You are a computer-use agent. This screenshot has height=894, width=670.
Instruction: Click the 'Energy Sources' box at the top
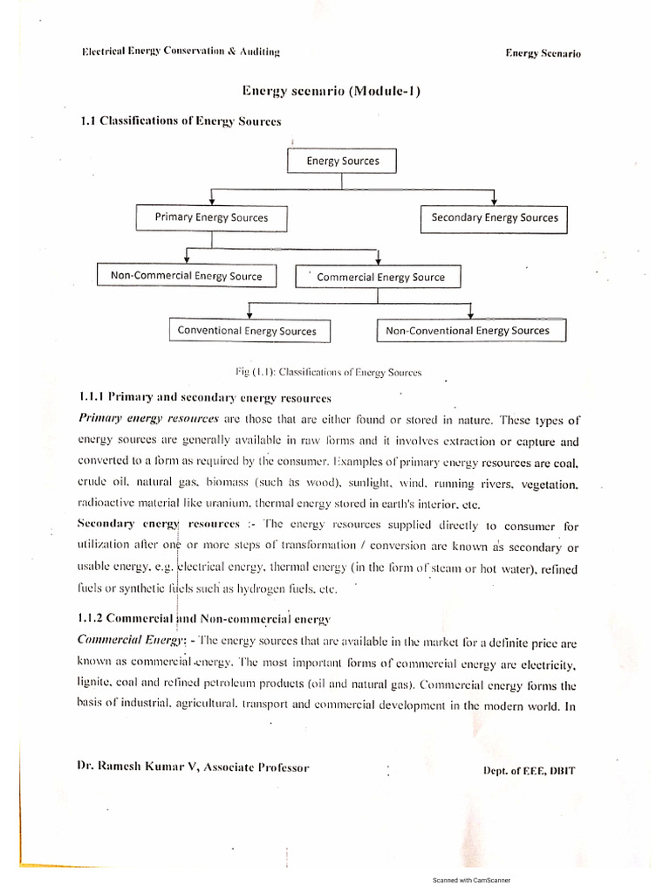342,162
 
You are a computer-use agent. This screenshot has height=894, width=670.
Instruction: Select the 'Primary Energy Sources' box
211,217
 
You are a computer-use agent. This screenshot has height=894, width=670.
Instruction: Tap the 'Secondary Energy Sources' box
495,217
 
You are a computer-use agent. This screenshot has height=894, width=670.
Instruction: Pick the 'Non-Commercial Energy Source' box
186,276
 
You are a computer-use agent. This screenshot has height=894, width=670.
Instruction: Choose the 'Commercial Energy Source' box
380,277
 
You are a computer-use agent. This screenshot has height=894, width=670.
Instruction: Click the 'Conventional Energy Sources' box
247,331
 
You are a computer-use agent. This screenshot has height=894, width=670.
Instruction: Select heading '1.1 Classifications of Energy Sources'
181,121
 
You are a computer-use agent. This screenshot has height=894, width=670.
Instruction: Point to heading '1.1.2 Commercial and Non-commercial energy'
204,620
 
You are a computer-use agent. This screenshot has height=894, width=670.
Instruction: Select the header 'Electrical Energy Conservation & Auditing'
181,52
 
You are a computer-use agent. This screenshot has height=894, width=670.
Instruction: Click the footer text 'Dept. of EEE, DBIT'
529,770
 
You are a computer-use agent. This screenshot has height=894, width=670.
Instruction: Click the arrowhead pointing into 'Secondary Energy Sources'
495,203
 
